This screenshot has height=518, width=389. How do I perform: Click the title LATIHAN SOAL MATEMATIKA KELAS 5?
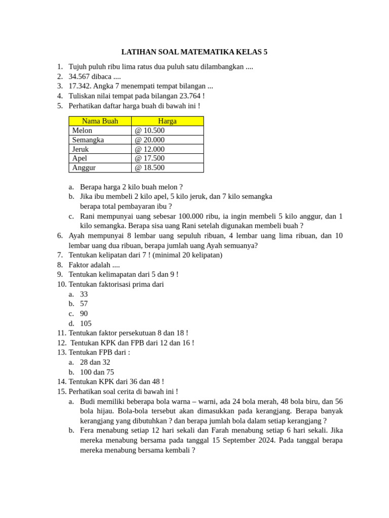[x=194, y=52]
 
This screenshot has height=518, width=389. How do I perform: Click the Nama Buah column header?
[x=100, y=121]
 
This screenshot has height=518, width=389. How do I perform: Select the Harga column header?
[x=167, y=121]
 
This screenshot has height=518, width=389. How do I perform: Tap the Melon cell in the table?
[x=83, y=131]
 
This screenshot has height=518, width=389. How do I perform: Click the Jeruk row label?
[x=81, y=149]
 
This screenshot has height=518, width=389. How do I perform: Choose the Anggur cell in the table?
[x=84, y=167]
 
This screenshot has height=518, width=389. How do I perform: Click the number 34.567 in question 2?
[x=80, y=76]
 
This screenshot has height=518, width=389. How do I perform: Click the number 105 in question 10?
[x=86, y=323]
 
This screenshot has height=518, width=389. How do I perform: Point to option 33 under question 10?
[x=84, y=294]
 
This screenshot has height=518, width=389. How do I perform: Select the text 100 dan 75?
[x=97, y=372]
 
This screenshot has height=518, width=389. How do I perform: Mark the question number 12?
[x=61, y=342]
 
